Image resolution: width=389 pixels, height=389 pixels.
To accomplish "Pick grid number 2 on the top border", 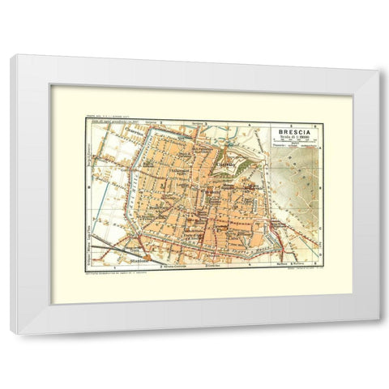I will coord(161,122).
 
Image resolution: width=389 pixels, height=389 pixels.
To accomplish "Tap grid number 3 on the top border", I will coord(207,122).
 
